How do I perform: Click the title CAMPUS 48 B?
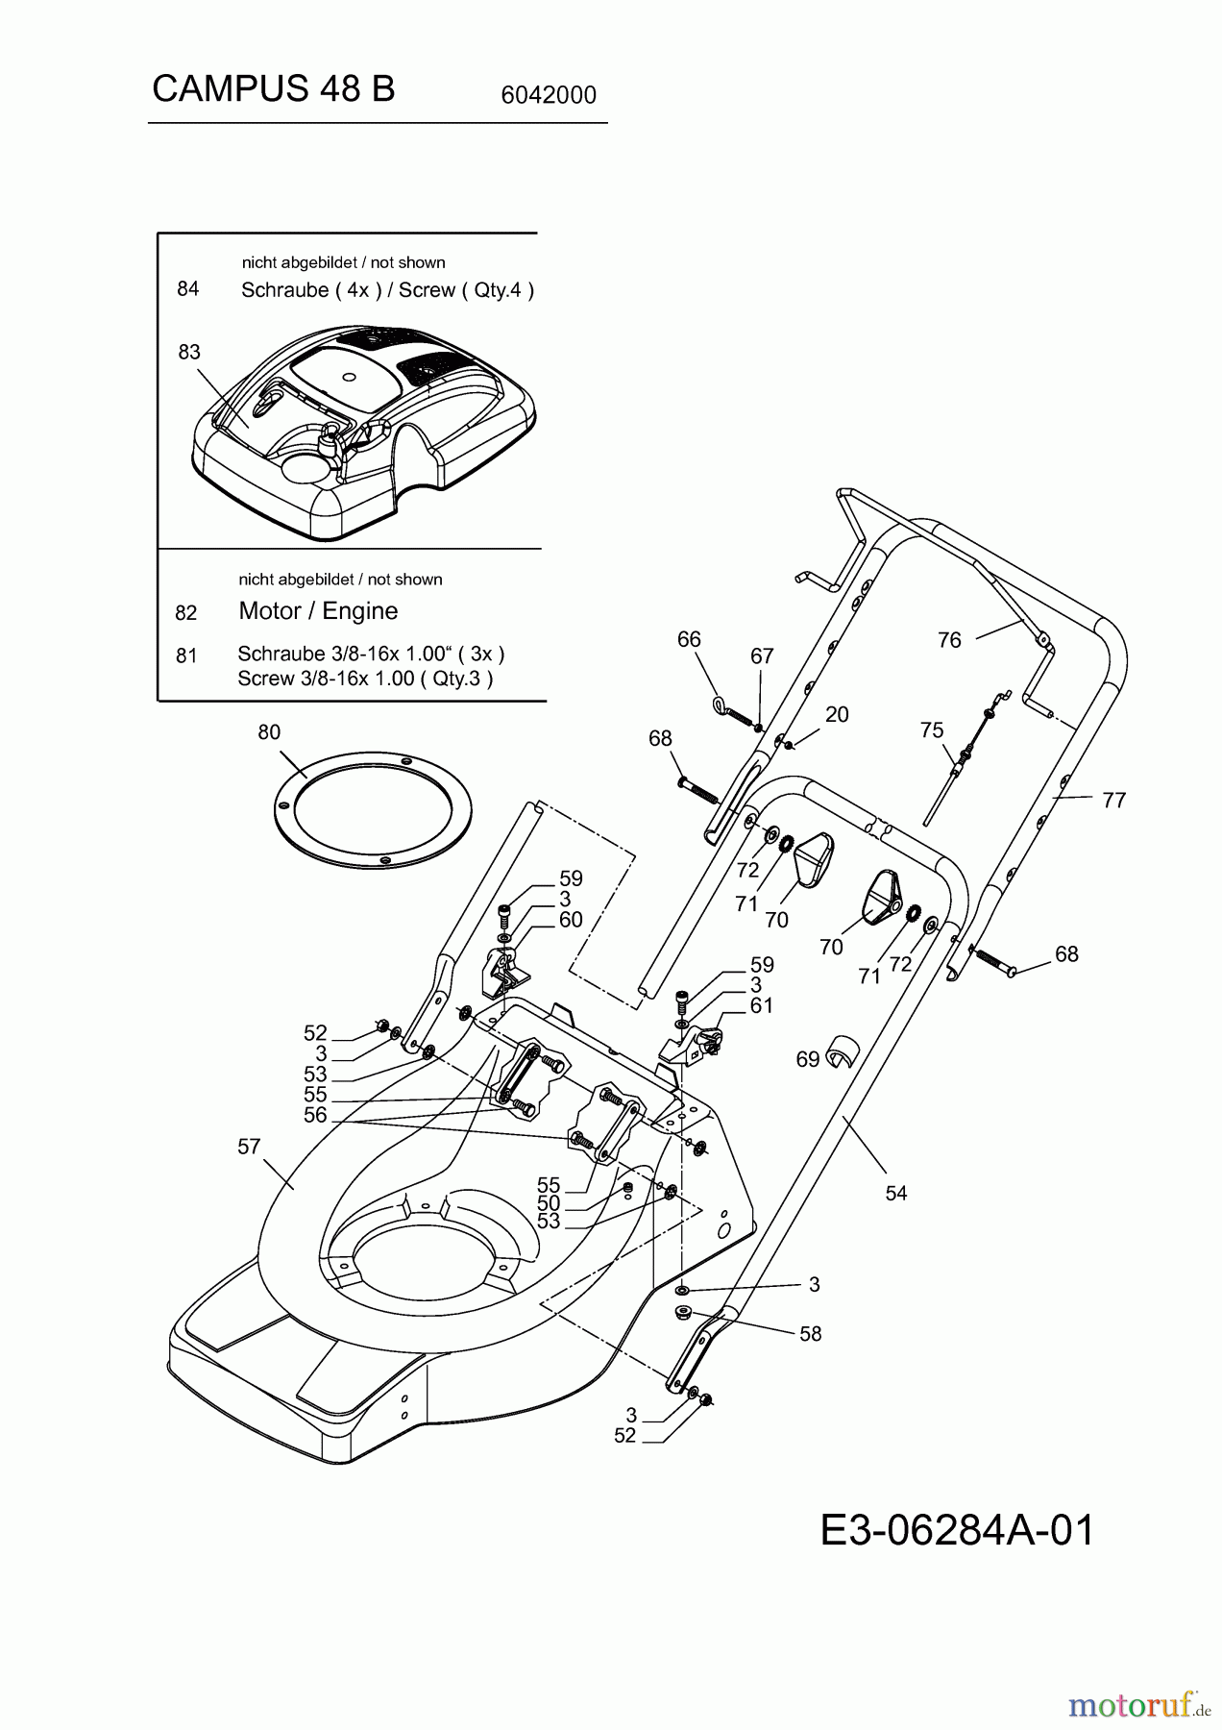273,88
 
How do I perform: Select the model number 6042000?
549,95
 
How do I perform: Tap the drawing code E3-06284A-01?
957,1530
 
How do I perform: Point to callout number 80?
269,732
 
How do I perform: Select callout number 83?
189,352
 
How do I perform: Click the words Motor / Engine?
318,611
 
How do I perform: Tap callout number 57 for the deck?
249,1147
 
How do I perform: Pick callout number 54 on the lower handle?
895,1193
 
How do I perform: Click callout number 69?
807,1059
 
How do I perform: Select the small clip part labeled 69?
842,1051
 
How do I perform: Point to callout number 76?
949,640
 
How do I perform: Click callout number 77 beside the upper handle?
1113,800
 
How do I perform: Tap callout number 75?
931,730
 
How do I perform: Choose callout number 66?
689,640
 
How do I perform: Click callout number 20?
837,714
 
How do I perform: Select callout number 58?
811,1334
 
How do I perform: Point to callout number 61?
762,1005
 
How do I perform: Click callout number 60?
571,920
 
